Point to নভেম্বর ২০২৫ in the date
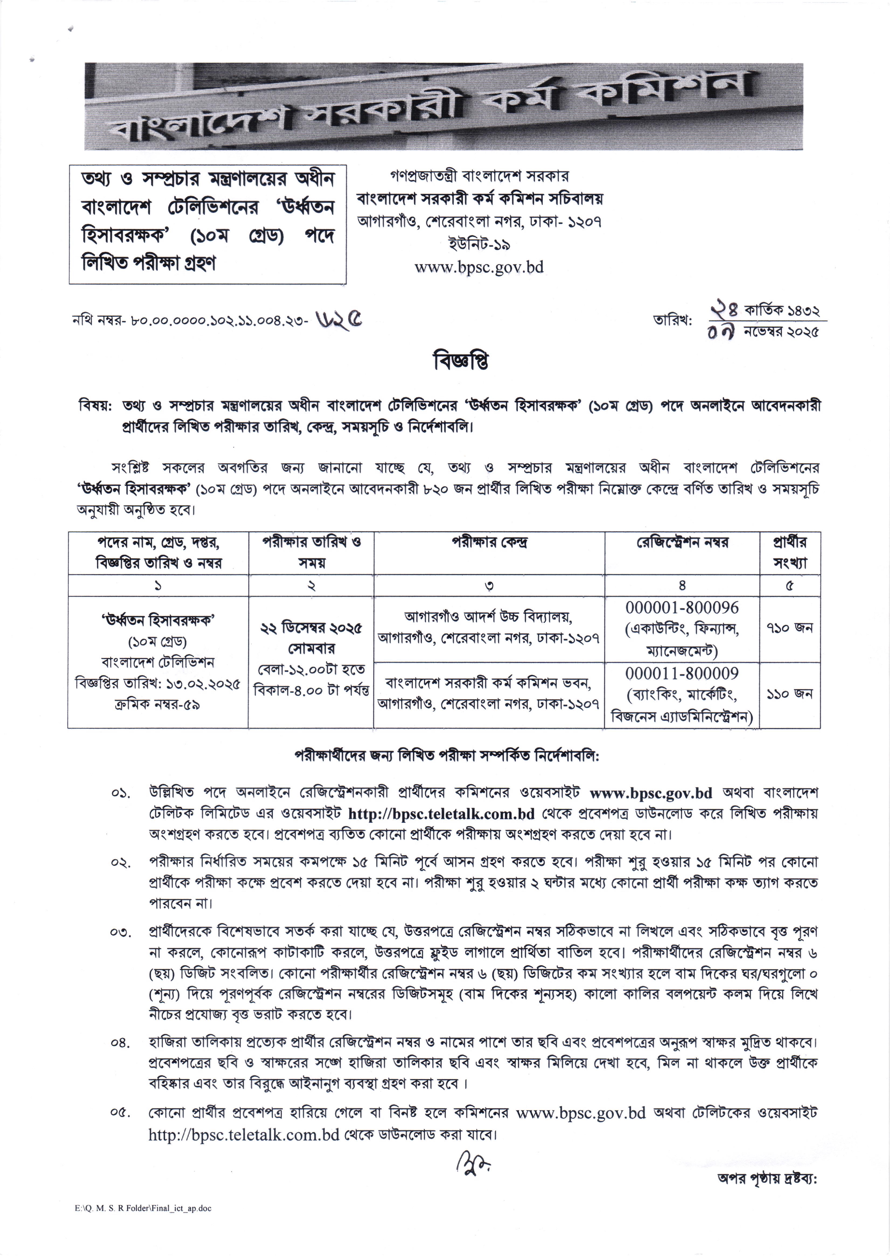point(781,332)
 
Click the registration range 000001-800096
point(682,608)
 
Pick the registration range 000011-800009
point(682,673)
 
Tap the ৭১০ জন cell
point(789,628)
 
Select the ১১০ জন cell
point(789,694)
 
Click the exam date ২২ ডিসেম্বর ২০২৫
point(311,628)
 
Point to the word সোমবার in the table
point(311,649)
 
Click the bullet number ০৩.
point(120,932)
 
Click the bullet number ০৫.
point(120,1113)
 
